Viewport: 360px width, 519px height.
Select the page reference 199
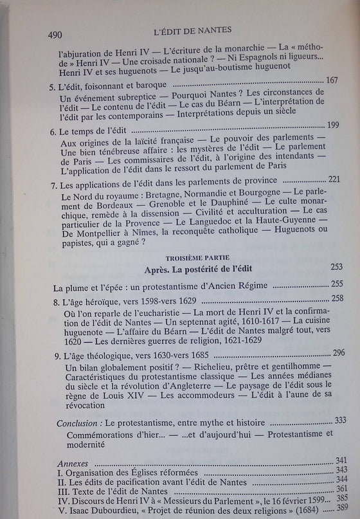(336, 125)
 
